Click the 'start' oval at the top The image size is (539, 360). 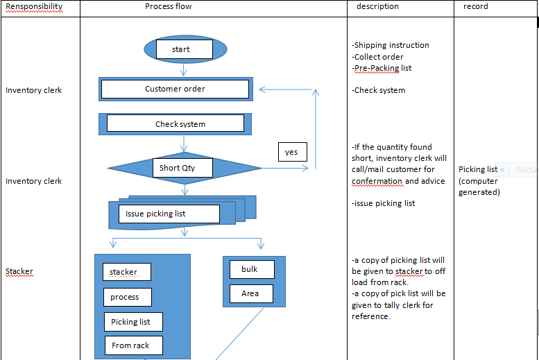click(x=184, y=49)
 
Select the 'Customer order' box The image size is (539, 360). click(x=175, y=89)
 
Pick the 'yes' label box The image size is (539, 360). click(x=291, y=152)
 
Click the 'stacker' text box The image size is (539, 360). click(x=126, y=272)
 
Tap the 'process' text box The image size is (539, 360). click(x=125, y=297)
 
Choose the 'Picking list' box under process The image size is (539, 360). click(x=133, y=322)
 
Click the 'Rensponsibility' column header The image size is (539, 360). click(x=34, y=6)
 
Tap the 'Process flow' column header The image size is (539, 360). click(x=169, y=6)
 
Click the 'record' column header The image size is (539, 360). click(x=476, y=6)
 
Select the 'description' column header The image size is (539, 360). click(x=377, y=6)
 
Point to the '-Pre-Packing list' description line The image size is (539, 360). click(x=382, y=68)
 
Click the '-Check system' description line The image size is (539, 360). click(x=379, y=90)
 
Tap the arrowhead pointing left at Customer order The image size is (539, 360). click(x=263, y=89)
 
